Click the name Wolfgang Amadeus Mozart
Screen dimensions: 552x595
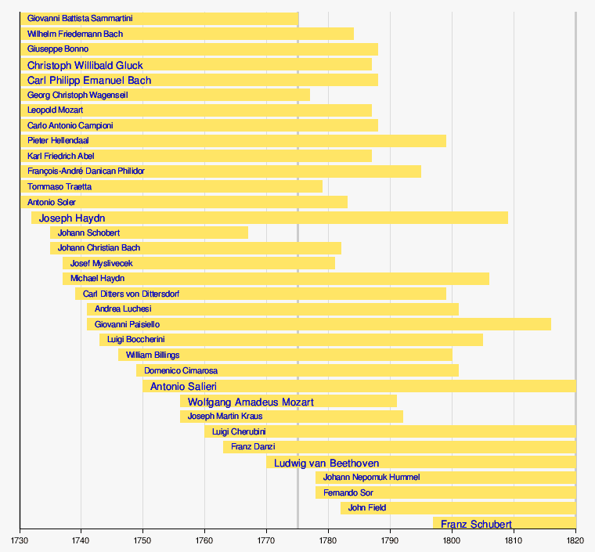(x=251, y=402)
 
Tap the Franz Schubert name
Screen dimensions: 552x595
(x=476, y=524)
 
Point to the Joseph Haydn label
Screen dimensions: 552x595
(x=72, y=218)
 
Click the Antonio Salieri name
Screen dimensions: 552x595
(x=183, y=386)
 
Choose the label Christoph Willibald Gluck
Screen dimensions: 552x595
(x=85, y=65)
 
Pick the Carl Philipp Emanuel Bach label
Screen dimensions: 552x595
(x=89, y=80)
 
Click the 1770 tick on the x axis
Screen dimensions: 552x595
(x=266, y=540)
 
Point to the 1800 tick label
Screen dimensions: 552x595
(x=452, y=540)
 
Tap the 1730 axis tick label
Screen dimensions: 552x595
(x=20, y=540)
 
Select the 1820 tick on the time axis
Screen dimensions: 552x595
(x=575, y=540)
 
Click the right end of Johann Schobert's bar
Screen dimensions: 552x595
(x=248, y=233)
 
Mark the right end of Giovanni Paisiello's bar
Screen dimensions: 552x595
(x=551, y=324)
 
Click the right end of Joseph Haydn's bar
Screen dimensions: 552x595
(x=508, y=218)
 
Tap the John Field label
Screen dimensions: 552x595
(x=367, y=508)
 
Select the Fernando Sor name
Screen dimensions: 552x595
(x=348, y=493)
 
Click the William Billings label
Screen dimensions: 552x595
(x=153, y=355)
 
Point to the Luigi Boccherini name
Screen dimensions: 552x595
(x=135, y=340)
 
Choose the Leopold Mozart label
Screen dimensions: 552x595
(x=55, y=110)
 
